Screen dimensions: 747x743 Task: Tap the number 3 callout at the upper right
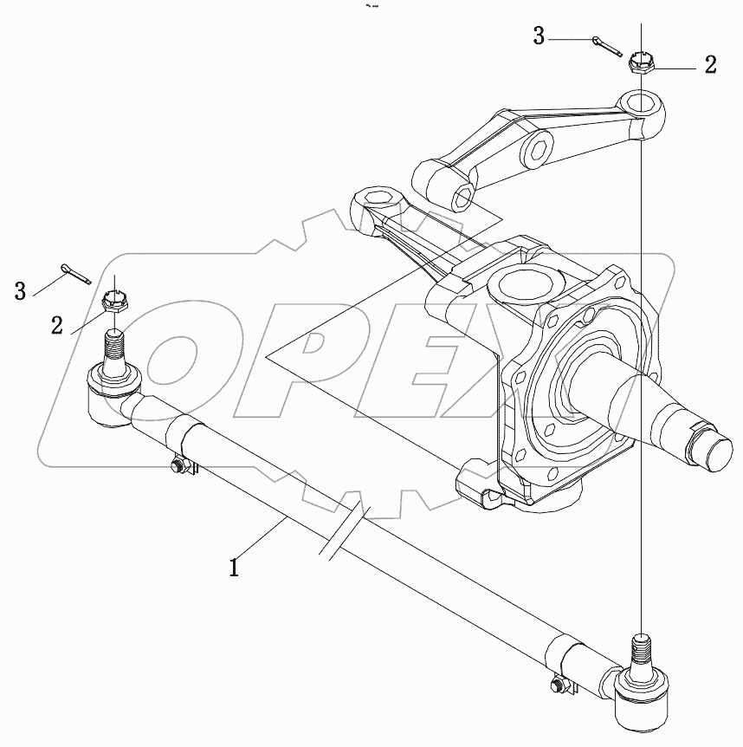(x=539, y=36)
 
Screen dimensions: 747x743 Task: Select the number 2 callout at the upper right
(x=710, y=66)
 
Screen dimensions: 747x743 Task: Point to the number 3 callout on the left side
(x=20, y=290)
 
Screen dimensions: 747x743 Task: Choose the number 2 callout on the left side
(x=57, y=325)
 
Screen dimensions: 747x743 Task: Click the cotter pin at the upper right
(x=607, y=44)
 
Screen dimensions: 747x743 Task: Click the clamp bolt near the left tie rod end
(x=178, y=467)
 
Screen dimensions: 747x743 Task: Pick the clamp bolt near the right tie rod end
(x=556, y=687)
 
